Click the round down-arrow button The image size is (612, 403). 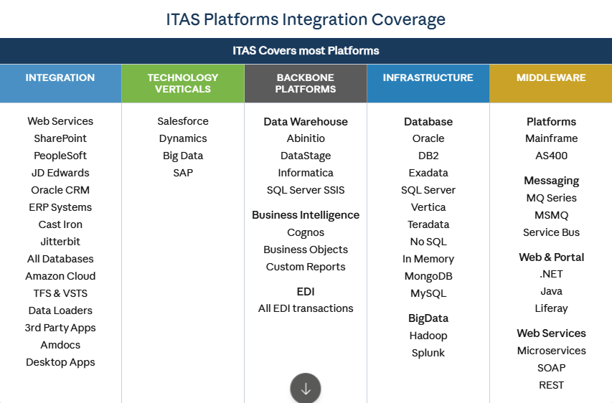(x=306, y=388)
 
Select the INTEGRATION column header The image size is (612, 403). (x=60, y=83)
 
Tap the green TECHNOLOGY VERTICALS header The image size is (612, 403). (x=183, y=83)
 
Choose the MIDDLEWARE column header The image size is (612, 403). (x=551, y=83)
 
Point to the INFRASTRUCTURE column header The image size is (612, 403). (x=428, y=83)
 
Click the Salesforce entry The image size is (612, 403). (x=183, y=121)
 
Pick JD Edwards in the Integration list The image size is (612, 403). (x=60, y=173)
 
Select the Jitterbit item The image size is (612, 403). (x=60, y=242)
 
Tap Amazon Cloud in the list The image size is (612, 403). (x=60, y=276)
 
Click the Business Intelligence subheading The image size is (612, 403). (x=306, y=215)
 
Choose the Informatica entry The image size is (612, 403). (x=306, y=173)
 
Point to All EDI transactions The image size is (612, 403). (x=306, y=308)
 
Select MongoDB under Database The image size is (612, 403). (x=428, y=276)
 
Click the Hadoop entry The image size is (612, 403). (x=428, y=336)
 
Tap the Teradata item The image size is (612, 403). (x=428, y=224)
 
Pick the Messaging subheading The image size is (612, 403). (x=551, y=181)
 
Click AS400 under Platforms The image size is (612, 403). (x=551, y=156)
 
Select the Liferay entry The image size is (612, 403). (x=551, y=308)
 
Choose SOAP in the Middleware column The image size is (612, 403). (x=551, y=368)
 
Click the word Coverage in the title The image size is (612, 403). (x=408, y=19)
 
